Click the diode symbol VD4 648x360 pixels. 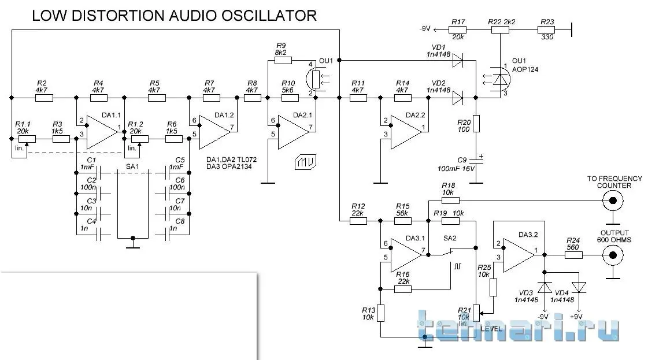pyautogui.click(x=579, y=287)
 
